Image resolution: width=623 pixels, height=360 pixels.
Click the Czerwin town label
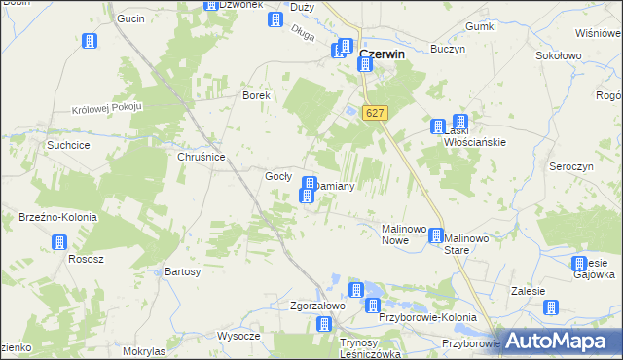click(383, 54)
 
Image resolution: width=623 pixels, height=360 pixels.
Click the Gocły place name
click(279, 176)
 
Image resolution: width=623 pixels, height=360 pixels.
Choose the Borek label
click(255, 95)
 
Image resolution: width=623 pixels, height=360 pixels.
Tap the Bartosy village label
click(183, 271)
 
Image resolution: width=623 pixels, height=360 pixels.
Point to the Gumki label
click(482, 26)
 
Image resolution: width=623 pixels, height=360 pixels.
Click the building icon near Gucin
click(90, 42)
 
